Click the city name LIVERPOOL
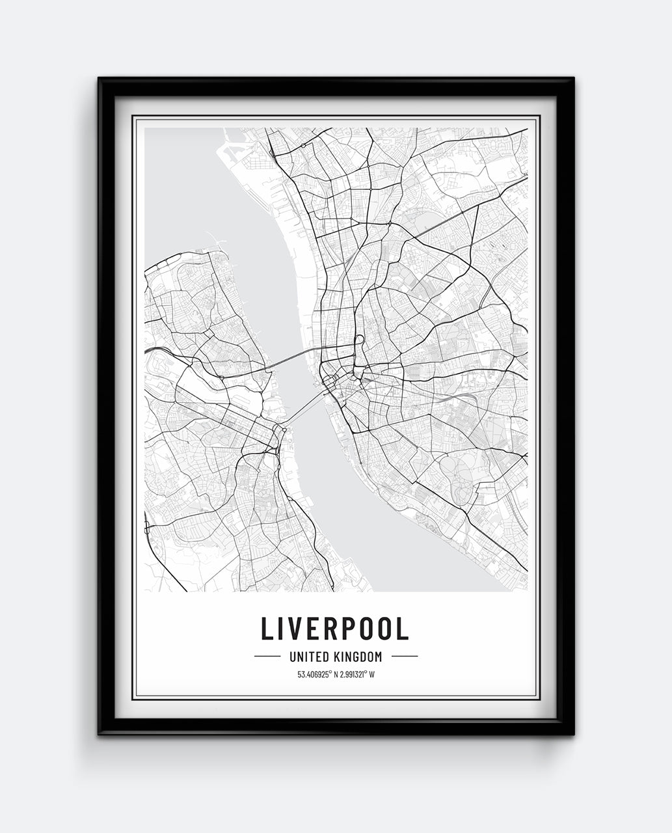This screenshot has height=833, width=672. tap(335, 628)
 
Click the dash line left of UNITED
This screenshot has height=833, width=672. tap(267, 657)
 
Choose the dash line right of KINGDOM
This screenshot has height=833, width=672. tap(405, 657)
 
